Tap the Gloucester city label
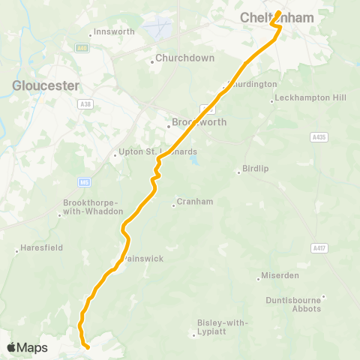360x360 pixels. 46,85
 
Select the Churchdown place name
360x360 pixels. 184,58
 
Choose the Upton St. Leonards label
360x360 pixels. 157,152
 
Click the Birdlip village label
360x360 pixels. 252,169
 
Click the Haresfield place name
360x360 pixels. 41,247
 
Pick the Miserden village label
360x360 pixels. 280,275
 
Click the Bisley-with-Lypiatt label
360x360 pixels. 221,326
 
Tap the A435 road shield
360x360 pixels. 319,137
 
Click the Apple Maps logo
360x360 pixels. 27,348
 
